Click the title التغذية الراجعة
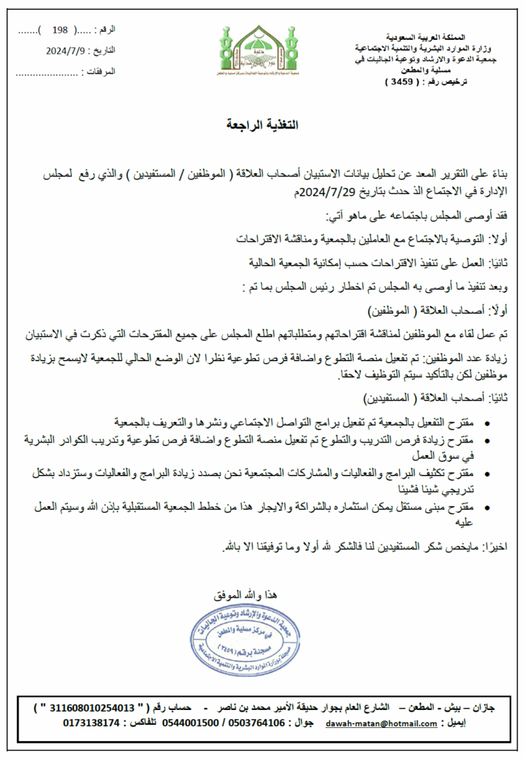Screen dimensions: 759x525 click(262, 125)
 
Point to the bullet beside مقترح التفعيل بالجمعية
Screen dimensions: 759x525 click(486, 423)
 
